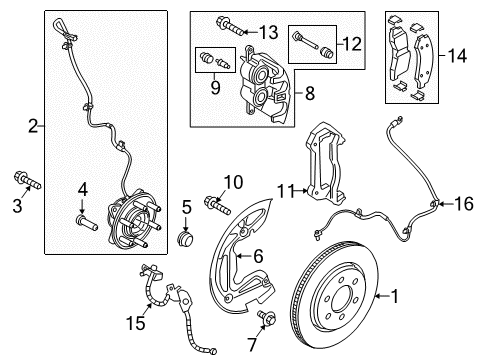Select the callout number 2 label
pos(33,126)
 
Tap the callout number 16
pos(465,204)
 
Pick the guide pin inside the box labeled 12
pos(313,42)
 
